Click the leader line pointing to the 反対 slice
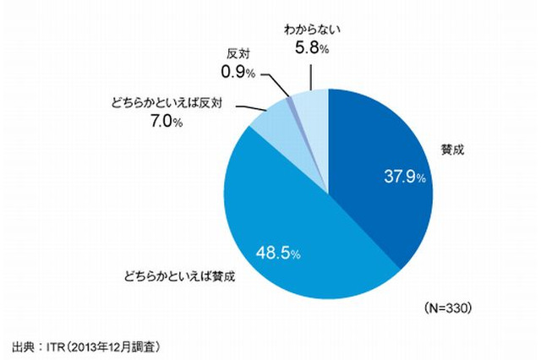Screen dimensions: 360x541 280,84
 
